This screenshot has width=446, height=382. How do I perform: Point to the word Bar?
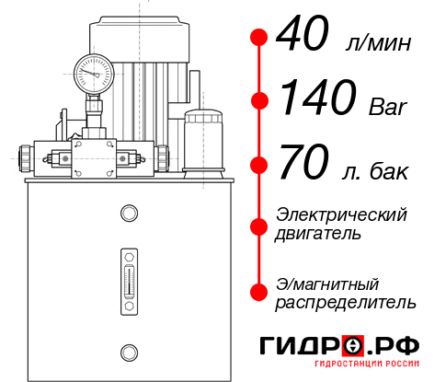coord(387,108)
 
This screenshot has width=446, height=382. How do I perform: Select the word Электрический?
coord(341,214)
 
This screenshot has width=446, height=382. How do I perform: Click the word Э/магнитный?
coord(327,283)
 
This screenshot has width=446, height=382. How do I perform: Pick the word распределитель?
coord(346,301)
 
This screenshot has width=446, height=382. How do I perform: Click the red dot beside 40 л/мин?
coord(259,39)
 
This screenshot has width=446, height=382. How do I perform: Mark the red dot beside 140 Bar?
coord(259,99)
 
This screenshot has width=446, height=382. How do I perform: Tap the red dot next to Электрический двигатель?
coord(259,224)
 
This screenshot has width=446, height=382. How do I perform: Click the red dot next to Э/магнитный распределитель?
coord(259,291)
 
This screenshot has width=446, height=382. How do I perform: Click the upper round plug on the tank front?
coord(129,214)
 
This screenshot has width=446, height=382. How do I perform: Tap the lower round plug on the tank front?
coord(129,351)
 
